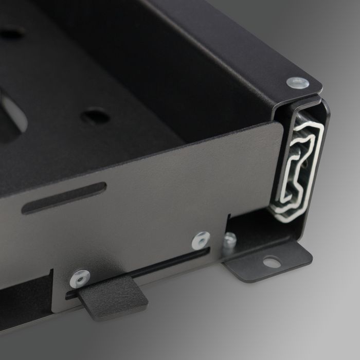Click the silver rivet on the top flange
click(x=298, y=82)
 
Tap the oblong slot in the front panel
click(x=64, y=197)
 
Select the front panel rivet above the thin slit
click(x=201, y=240)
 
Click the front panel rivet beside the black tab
click(x=80, y=278)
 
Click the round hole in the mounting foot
click(x=272, y=263)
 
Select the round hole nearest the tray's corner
click(x=95, y=116)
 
